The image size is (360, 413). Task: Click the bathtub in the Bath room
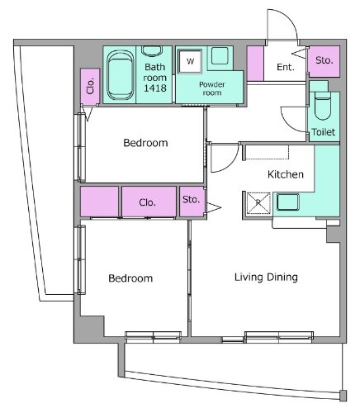pyautogui.click(x=121, y=75)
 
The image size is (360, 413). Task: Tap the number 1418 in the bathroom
pyautogui.click(x=155, y=88)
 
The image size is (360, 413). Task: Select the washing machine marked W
pyautogui.click(x=190, y=61)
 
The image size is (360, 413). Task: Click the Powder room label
pyautogui.click(x=212, y=88)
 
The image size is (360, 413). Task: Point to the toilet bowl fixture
pyautogui.click(x=323, y=106)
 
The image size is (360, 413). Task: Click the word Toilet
pyautogui.click(x=324, y=132)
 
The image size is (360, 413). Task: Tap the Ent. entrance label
pyautogui.click(x=286, y=67)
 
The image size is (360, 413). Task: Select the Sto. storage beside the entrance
pyautogui.click(x=324, y=61)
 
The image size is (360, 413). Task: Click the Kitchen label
pyautogui.click(x=286, y=174)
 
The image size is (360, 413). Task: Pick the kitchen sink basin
pyautogui.click(x=287, y=202)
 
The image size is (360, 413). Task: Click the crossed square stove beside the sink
pyautogui.click(x=258, y=203)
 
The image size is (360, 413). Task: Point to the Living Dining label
pyautogui.click(x=266, y=278)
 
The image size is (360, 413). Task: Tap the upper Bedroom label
pyautogui.click(x=145, y=143)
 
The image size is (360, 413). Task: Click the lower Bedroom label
pyautogui.click(x=130, y=278)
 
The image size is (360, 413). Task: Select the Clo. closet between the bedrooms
pyautogui.click(x=149, y=202)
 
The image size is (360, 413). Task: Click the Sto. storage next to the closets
pyautogui.click(x=192, y=202)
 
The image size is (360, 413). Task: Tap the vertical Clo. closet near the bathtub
pyautogui.click(x=90, y=87)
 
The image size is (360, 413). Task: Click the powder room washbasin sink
pyautogui.click(x=220, y=55)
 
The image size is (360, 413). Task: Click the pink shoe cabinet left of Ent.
pyautogui.click(x=255, y=64)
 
